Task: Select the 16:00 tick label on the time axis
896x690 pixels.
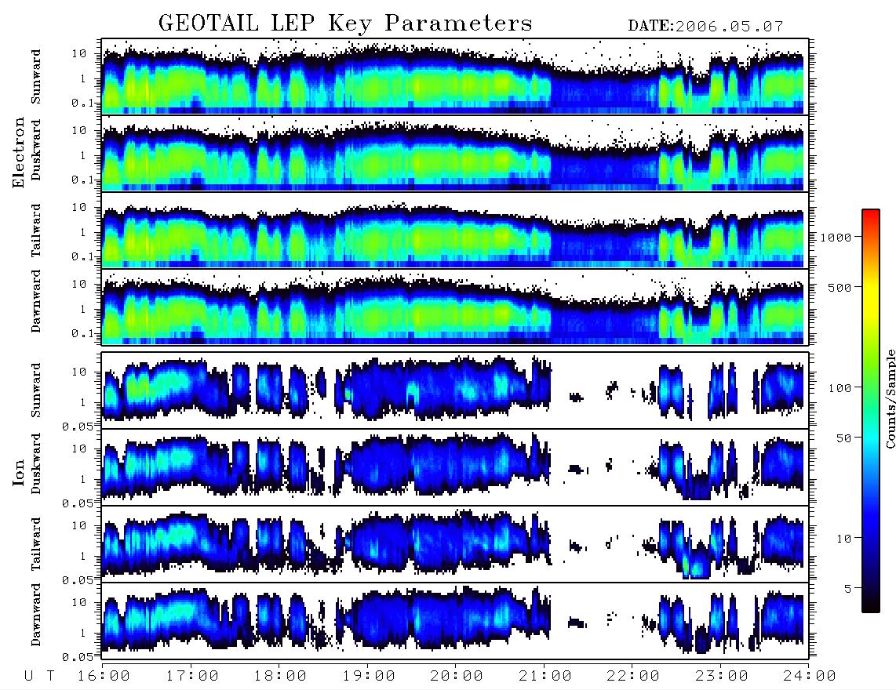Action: [104, 676]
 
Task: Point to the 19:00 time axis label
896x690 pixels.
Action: [369, 676]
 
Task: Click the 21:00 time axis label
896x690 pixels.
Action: [545, 676]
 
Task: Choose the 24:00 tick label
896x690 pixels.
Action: [809, 676]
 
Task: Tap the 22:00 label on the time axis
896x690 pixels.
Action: [633, 676]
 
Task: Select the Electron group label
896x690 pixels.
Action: [18, 152]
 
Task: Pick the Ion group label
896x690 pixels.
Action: [18, 472]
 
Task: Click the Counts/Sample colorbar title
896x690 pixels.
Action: [890, 398]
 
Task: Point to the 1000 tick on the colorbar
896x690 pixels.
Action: [836, 238]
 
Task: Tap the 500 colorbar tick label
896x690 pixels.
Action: [840, 287]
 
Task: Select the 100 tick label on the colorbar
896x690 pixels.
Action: [840, 388]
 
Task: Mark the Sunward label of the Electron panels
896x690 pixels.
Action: [36, 77]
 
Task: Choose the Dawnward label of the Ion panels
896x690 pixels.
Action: [36, 615]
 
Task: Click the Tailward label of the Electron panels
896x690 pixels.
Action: [36, 231]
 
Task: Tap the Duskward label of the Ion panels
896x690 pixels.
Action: [36, 463]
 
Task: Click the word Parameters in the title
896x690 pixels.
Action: [458, 23]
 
